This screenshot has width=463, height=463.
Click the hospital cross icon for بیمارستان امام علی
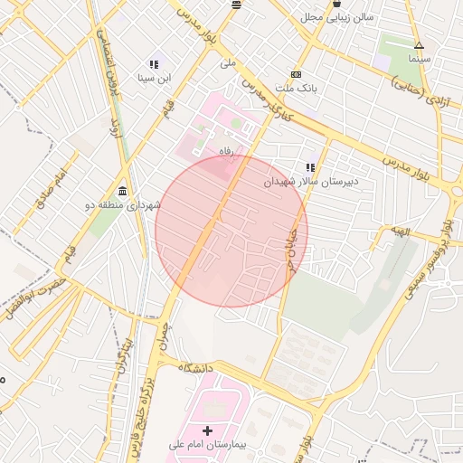[x=207, y=430]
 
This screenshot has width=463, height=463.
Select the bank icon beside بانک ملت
[x=296, y=74]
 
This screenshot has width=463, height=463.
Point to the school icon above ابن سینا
[x=153, y=64]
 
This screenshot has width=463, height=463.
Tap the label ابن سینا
[x=153, y=79]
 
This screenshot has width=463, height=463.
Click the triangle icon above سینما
[x=418, y=45]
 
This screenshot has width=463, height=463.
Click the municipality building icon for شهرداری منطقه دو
[x=122, y=189]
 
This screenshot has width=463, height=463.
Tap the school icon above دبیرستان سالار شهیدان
[x=310, y=167]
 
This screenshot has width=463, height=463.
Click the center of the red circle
[x=231, y=231]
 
